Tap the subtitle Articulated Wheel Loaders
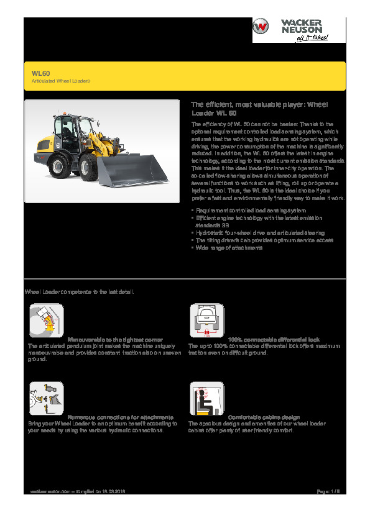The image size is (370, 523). point(61,81)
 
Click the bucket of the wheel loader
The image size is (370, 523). point(131,170)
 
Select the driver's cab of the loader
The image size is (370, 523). point(65,130)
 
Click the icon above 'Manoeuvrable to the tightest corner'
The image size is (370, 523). point(46,321)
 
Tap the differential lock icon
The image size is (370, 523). point(206,321)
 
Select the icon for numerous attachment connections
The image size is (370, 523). point(46,398)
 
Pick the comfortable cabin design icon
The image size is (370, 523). point(206,398)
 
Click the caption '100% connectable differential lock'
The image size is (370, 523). point(274,340)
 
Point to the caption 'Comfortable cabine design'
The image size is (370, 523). point(264,417)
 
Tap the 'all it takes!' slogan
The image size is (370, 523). point(312,37)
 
